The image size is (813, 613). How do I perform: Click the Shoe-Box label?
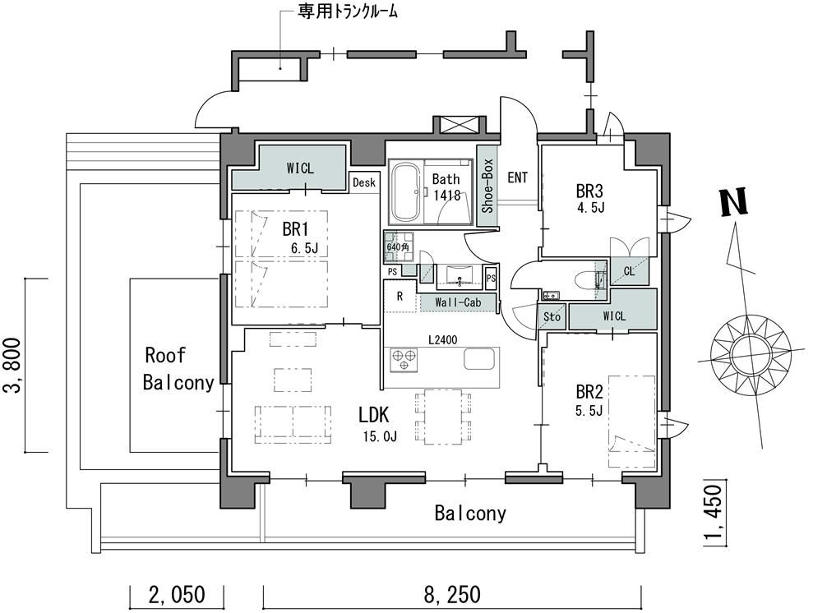coord(487,191)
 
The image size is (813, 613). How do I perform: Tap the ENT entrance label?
coord(518,177)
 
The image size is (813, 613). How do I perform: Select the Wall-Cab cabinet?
coord(458,303)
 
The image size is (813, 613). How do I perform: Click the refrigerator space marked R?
coord(400,297)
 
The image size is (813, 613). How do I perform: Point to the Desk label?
coord(363,182)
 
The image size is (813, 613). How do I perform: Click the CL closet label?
coord(629,270)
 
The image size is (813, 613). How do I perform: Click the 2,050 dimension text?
coord(178,594)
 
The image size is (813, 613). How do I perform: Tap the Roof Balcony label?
coord(178,369)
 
